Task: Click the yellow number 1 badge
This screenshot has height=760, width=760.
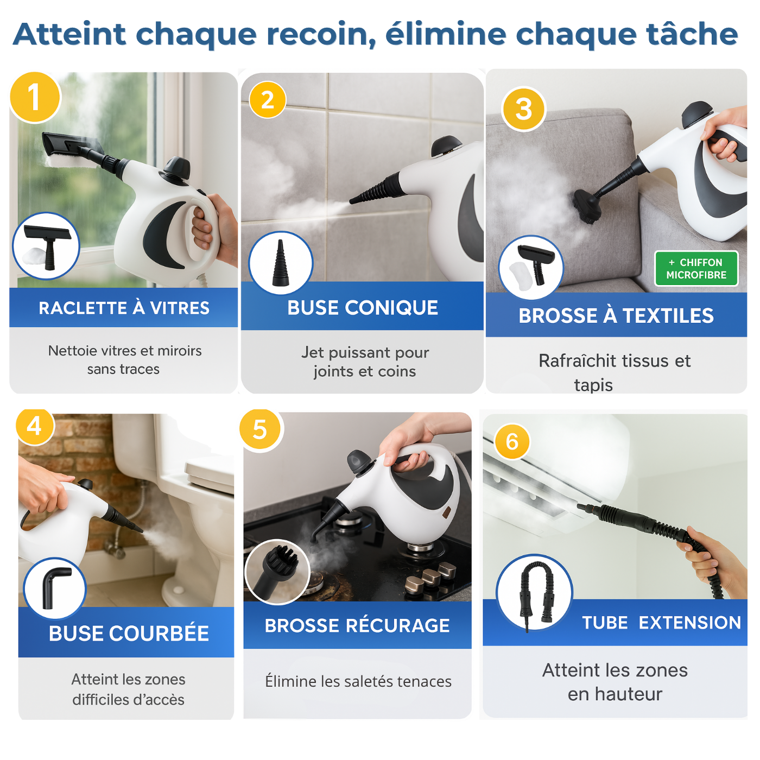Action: click(35, 97)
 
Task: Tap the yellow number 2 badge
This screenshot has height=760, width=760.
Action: click(268, 100)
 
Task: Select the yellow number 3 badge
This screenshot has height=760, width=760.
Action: click(524, 109)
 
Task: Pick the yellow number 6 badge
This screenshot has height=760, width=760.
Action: click(512, 442)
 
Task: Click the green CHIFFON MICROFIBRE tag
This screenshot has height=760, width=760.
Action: click(696, 269)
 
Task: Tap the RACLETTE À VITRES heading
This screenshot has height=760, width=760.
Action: click(124, 308)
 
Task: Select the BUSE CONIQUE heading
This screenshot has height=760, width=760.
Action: click(363, 308)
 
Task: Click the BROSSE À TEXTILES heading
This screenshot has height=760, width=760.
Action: click(616, 315)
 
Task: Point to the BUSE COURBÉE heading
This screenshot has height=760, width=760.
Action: click(129, 634)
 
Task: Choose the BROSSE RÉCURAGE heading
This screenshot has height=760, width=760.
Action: click(357, 625)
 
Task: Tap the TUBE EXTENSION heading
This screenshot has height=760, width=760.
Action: click(661, 623)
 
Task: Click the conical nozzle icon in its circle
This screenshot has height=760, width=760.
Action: click(281, 263)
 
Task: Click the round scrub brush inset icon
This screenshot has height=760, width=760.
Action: click(277, 572)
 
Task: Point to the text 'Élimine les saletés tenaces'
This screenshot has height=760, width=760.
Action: click(358, 681)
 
